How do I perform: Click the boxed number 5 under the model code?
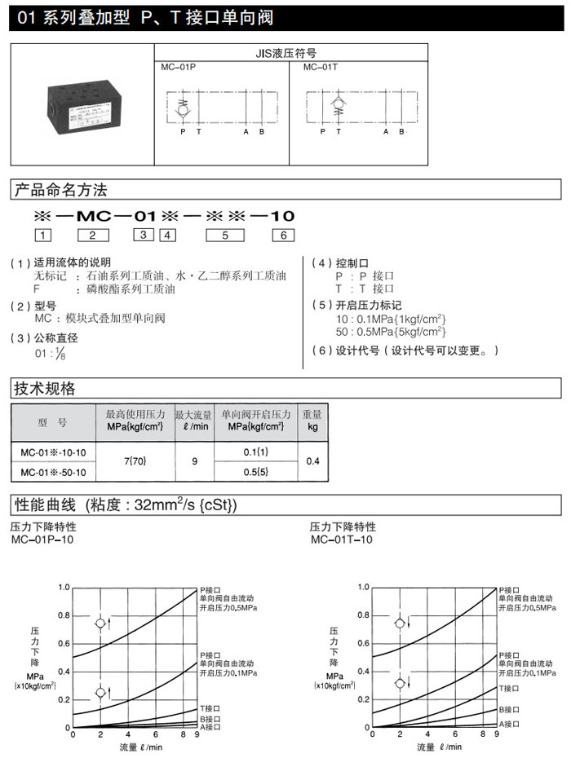(219, 236)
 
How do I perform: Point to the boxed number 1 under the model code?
(42, 236)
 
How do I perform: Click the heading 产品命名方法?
(61, 191)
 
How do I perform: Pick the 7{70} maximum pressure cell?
(135, 461)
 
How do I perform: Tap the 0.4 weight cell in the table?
(312, 461)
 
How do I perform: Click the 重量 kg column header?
(312, 420)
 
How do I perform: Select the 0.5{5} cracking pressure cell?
(255, 473)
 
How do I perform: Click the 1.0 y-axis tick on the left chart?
(64, 587)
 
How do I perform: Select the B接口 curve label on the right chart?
(510, 710)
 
